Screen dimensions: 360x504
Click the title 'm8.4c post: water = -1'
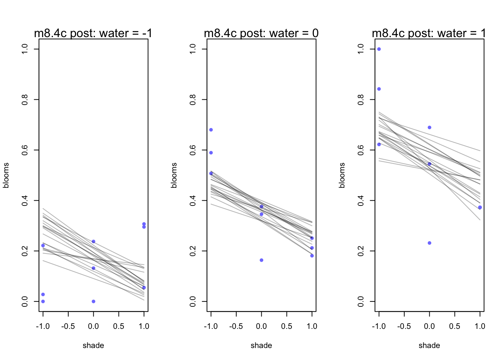93,33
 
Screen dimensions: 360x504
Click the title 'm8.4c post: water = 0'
261,33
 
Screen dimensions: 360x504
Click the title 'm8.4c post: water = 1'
429,33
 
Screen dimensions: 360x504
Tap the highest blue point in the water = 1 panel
379,49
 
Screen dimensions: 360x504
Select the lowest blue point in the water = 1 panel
429,243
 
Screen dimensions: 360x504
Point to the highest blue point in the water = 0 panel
211,130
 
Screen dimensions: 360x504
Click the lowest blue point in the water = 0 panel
261,260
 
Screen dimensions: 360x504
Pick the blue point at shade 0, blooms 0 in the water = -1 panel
93,301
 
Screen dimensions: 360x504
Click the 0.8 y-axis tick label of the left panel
25,99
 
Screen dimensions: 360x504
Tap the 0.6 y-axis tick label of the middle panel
193,150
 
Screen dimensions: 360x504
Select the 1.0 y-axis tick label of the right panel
361,49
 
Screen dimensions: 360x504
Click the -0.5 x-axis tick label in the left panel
68,326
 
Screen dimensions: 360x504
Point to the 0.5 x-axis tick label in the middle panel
286,326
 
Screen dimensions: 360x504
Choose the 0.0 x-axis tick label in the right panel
429,326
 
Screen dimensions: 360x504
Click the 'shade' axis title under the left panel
93,345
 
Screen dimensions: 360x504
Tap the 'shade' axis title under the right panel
429,345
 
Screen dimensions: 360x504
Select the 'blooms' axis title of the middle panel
174,175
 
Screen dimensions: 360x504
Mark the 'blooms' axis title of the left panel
6,175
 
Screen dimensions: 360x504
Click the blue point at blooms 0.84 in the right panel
379,89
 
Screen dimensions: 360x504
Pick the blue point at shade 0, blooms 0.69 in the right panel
429,127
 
